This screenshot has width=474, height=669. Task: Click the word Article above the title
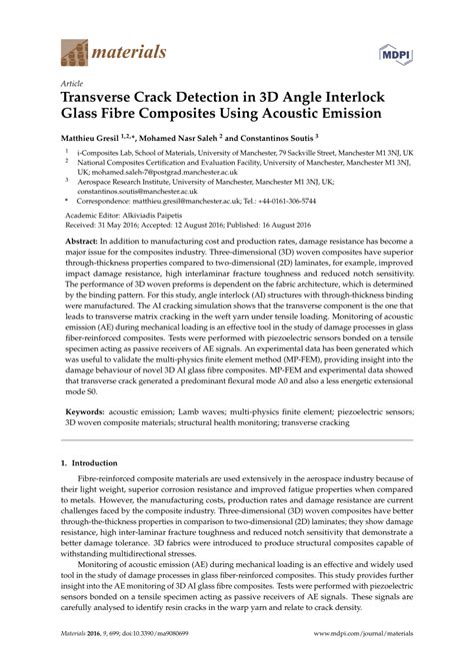pos(73,85)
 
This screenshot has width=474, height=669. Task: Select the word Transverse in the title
pos(104,100)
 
